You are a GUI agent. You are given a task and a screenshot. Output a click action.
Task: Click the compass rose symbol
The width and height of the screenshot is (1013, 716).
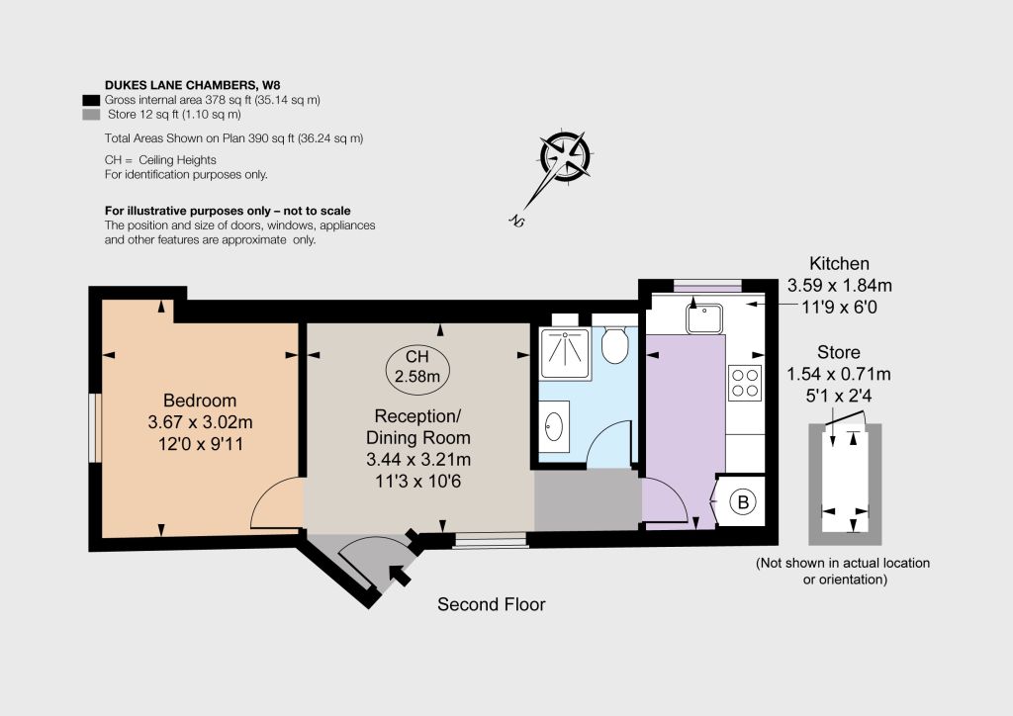pyautogui.click(x=565, y=155)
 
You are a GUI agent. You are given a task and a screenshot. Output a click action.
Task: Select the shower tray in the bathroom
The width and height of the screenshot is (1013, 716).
pyautogui.click(x=565, y=353)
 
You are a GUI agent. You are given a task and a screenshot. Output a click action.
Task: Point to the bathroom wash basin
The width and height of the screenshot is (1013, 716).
pyautogui.click(x=554, y=426)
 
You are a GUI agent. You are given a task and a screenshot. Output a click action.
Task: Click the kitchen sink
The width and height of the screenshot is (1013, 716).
pyautogui.click(x=704, y=318)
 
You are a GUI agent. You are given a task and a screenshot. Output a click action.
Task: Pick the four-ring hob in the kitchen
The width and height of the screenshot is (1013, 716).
pyautogui.click(x=744, y=383)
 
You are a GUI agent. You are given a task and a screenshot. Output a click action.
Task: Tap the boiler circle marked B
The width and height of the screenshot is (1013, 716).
pyautogui.click(x=743, y=501)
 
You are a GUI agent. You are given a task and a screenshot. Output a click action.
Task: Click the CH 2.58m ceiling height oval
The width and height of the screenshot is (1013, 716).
pyautogui.click(x=417, y=366)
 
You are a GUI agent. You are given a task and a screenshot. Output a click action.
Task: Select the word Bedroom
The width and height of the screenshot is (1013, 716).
pyautogui.click(x=200, y=401)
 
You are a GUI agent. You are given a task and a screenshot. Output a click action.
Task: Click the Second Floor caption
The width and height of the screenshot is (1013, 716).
pyautogui.click(x=491, y=604)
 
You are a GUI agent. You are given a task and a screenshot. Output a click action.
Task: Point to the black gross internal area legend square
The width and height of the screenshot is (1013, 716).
pyautogui.click(x=91, y=100)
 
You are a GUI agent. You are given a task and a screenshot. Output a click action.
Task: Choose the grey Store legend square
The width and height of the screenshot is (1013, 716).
pyautogui.click(x=91, y=115)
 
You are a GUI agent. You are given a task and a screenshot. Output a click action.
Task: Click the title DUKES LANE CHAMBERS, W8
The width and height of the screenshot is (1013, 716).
pyautogui.click(x=193, y=85)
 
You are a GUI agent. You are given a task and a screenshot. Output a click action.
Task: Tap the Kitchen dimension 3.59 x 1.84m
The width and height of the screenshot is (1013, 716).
pyautogui.click(x=839, y=286)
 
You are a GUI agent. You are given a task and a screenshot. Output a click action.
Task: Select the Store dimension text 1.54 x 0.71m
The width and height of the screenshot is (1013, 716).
pyautogui.click(x=839, y=374)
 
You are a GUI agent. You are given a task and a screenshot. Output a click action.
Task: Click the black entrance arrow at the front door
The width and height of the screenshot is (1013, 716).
pyautogui.click(x=400, y=574)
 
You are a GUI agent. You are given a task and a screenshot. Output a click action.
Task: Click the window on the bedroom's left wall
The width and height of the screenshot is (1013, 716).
pyautogui.click(x=95, y=427)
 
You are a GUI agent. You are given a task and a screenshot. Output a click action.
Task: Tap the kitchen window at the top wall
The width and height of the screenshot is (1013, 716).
pyautogui.click(x=707, y=286)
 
